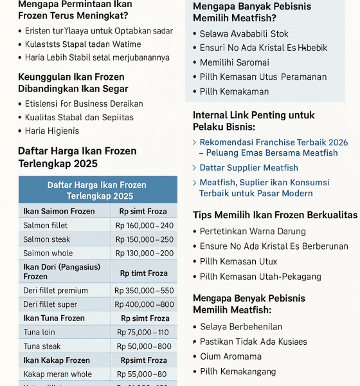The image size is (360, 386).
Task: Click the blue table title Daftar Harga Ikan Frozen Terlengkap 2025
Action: click(97, 190)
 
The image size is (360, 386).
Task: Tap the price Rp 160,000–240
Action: click(145, 226)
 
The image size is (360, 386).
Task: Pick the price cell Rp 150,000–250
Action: click(145, 239)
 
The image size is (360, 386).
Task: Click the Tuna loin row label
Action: click(39, 333)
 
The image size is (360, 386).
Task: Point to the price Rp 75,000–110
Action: click(143, 333)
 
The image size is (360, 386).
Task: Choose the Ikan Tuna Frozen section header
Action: click(54, 318)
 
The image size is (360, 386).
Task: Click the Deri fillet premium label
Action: click(55, 291)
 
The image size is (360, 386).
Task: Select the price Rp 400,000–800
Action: click(145, 304)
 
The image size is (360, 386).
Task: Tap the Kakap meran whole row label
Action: click(57, 374)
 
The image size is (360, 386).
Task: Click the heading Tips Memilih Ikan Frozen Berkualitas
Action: click(275, 215)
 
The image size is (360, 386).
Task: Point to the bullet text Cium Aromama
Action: click(231, 356)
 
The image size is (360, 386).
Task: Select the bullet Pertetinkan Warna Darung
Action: click(253, 231)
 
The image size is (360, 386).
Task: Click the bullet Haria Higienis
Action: click(52, 131)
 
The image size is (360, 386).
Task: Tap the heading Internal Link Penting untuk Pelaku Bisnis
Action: click(253, 121)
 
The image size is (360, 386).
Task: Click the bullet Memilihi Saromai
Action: click(234, 62)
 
